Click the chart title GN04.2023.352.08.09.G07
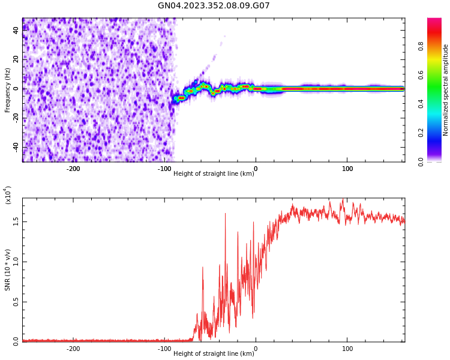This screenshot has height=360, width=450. coord(214,6)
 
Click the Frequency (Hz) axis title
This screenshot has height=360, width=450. coord(8,89)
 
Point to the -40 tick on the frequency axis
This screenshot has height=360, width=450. coord(15,148)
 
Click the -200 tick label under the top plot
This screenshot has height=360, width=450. coord(73,169)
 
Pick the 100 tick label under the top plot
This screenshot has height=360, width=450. coord(347,169)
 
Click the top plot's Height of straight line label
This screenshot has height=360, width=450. coord(214,174)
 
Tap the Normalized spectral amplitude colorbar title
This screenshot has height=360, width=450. coord(446,90)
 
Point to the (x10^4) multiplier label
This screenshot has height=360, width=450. coord(8,195)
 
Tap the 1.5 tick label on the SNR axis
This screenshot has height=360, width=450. coord(16,221)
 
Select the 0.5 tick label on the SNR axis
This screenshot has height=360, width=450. coord(16,302)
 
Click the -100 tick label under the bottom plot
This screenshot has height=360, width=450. coord(164,349)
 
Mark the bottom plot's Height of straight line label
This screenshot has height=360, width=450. coord(214,354)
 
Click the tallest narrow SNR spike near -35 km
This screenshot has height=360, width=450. coord(226,214)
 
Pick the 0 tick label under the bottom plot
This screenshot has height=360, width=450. coord(256,349)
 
